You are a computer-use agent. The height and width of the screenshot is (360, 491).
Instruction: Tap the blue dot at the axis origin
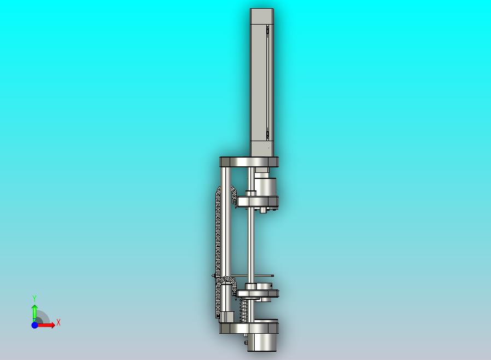[x=35, y=325]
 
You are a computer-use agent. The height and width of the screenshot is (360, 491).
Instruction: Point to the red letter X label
[x=59, y=322]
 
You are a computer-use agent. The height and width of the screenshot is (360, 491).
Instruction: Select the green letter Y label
[x=34, y=298]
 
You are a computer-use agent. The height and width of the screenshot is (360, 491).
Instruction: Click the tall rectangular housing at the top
[x=262, y=83]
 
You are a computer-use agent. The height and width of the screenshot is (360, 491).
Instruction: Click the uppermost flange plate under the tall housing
[x=249, y=162]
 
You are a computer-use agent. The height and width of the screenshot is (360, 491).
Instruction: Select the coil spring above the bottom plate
[x=242, y=310]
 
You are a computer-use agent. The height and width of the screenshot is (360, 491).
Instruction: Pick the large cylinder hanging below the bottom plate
[x=262, y=342]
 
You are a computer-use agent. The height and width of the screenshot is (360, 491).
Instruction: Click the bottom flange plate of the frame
[x=249, y=328]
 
